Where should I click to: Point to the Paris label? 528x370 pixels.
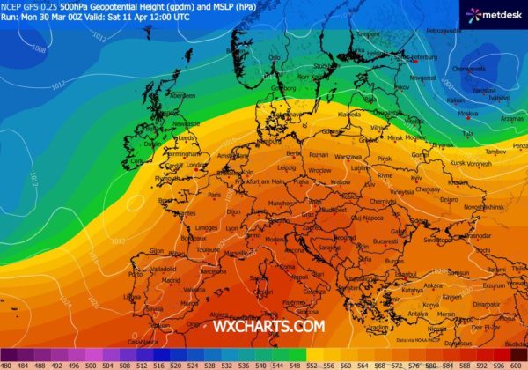click(215, 195)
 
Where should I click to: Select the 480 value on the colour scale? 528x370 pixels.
click(7, 363)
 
